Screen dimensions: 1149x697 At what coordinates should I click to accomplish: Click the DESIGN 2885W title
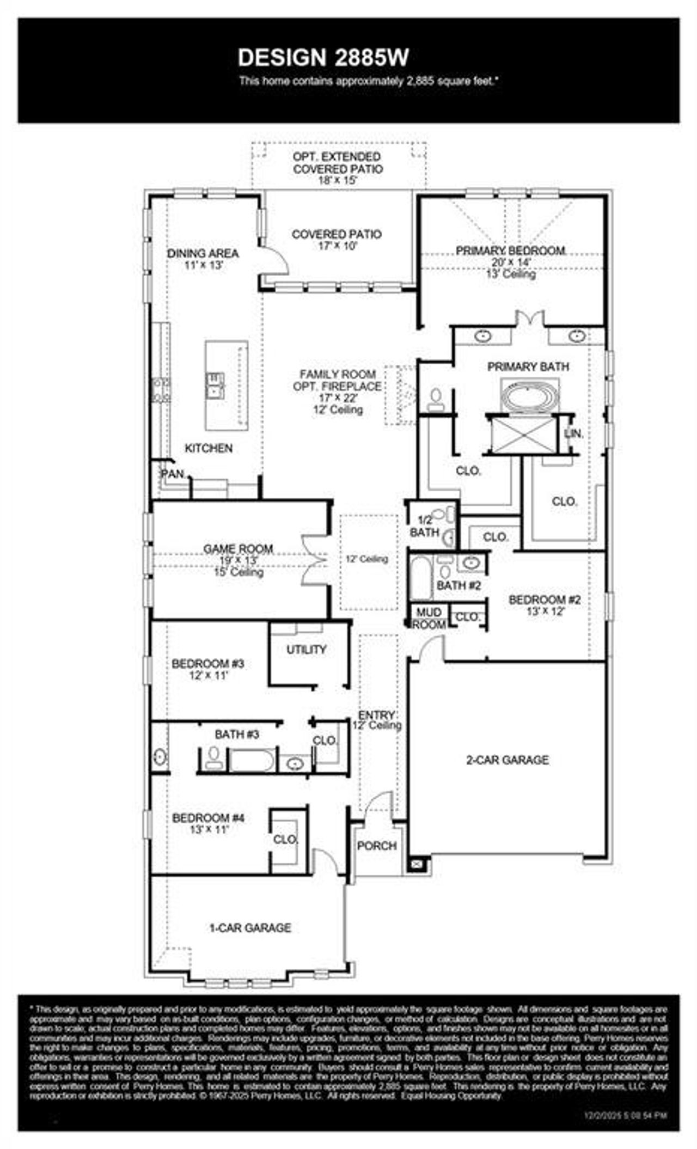(x=323, y=58)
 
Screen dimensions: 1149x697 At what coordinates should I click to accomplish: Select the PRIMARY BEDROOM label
(x=510, y=250)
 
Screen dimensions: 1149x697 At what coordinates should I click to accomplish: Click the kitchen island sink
(x=215, y=384)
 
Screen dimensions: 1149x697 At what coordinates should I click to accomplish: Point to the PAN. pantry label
(x=173, y=474)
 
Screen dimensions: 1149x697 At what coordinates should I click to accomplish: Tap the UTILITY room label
(x=306, y=650)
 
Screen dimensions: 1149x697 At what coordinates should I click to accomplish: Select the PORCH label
(x=376, y=846)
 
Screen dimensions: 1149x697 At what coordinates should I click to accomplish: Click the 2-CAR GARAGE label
(x=508, y=760)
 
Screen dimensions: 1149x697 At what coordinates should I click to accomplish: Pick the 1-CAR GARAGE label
(x=250, y=927)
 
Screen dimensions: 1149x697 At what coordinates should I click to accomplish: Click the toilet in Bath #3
(x=213, y=757)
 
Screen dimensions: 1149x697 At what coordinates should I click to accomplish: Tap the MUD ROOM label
(x=429, y=619)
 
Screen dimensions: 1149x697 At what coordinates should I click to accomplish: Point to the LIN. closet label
(x=574, y=434)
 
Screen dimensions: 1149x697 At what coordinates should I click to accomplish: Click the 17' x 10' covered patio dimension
(x=337, y=246)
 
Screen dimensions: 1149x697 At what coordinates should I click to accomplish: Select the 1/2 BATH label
(x=424, y=526)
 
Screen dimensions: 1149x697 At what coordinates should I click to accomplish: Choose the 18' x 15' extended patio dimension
(x=338, y=180)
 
